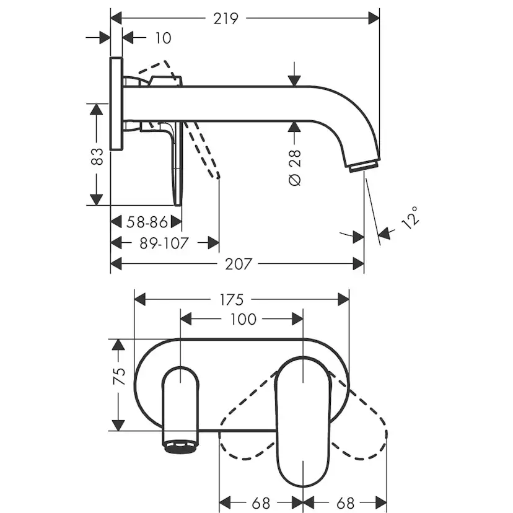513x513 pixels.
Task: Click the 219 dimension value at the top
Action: pyautogui.click(x=226, y=19)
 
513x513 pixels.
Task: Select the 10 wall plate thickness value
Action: pyautogui.click(x=163, y=38)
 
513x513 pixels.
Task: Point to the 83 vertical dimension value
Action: pyautogui.click(x=97, y=156)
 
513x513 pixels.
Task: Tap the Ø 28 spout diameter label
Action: pyautogui.click(x=295, y=168)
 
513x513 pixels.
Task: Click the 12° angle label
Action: pyautogui.click(x=410, y=217)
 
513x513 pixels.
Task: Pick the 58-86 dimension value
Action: pyautogui.click(x=147, y=222)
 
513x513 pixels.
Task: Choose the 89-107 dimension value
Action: pyautogui.click(x=164, y=243)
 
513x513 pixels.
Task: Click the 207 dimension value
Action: pyautogui.click(x=239, y=264)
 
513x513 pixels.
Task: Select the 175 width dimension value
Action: pyautogui.click(x=232, y=300)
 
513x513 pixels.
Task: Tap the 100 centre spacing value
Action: pyautogui.click(x=243, y=319)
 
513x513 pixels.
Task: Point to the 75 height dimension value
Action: pyautogui.click(x=119, y=376)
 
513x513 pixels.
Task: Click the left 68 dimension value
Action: pyautogui.click(x=261, y=503)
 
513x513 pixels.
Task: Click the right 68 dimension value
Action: pyautogui.click(x=346, y=503)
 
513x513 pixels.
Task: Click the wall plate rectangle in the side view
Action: pyautogui.click(x=117, y=103)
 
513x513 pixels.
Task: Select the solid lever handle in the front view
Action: pyautogui.click(x=303, y=422)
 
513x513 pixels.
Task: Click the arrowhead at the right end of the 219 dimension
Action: pyautogui.click(x=374, y=19)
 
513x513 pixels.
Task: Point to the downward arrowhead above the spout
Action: pyautogui.click(x=294, y=81)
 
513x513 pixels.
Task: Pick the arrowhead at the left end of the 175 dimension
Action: pyautogui.click(x=140, y=300)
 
